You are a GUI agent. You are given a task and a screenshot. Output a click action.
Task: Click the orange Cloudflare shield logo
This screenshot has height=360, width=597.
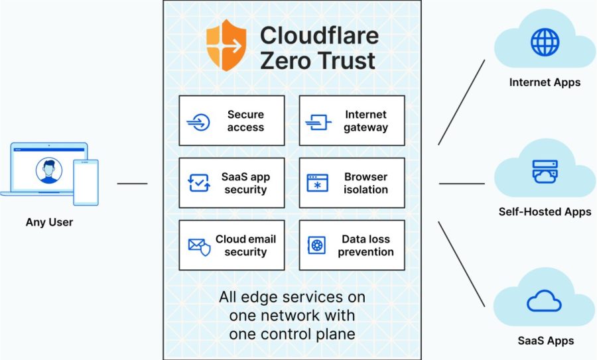coord(226,45)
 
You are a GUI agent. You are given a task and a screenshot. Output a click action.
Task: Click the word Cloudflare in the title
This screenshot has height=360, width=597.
coord(319,34)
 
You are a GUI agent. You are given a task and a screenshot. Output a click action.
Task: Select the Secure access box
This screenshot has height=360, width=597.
coord(232,121)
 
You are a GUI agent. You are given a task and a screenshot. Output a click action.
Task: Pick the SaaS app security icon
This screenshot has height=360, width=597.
coord(199,183)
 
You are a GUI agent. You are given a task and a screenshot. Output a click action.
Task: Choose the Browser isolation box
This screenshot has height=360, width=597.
coord(352,183)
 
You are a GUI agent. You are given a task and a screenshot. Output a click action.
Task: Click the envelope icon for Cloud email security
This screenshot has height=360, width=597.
coord(199,246)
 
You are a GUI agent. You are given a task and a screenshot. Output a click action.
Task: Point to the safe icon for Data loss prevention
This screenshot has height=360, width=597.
coord(316,246)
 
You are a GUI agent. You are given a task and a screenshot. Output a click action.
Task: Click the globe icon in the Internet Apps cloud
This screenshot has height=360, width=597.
coord(545,42)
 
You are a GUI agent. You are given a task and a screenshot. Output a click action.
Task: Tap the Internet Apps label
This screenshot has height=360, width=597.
coord(545,83)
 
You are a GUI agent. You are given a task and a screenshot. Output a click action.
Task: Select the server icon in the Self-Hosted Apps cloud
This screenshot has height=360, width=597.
coord(545,172)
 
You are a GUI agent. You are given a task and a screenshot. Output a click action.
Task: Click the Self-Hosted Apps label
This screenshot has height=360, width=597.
coord(545,212)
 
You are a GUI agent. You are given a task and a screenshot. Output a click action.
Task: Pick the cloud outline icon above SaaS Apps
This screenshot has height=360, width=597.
coord(545,302)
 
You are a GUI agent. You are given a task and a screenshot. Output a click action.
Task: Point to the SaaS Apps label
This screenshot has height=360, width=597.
coord(545,341)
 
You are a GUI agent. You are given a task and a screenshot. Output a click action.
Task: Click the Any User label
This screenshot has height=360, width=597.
coord(49,222)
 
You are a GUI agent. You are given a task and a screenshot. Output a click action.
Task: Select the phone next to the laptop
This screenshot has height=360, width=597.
coord(86,182)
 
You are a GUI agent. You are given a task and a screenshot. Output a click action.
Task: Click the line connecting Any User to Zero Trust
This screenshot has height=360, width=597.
coord(132,183)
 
